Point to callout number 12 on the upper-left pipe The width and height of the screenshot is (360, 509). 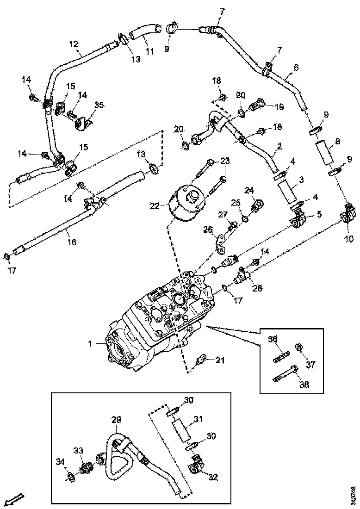click(74, 44)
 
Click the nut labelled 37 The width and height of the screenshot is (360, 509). click(299, 347)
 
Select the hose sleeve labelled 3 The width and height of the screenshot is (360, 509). click(287, 192)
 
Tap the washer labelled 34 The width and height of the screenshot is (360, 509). click(71, 477)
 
